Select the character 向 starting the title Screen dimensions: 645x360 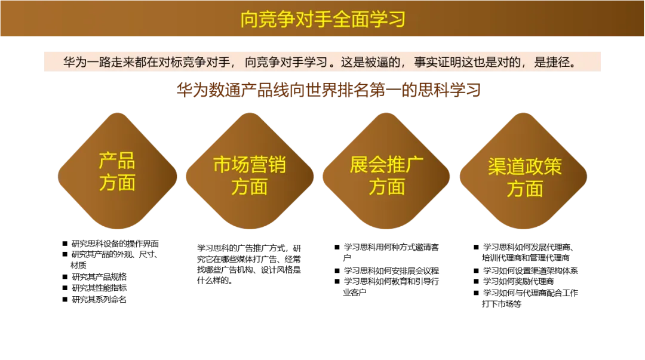(x=249, y=19)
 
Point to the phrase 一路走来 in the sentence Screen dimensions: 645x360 (x=110, y=61)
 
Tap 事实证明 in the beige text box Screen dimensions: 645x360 (x=438, y=61)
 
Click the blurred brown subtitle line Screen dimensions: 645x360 (x=329, y=91)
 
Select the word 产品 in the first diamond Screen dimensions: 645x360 (x=117, y=161)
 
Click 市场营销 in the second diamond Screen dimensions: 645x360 (x=250, y=165)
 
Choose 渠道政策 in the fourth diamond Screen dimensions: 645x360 (x=525, y=167)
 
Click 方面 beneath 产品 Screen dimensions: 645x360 (x=117, y=183)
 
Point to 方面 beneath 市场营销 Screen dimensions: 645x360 (x=250, y=187)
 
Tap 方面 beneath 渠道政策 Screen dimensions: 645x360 (x=525, y=189)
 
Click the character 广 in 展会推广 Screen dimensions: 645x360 (x=415, y=165)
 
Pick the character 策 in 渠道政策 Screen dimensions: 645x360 (x=553, y=167)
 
